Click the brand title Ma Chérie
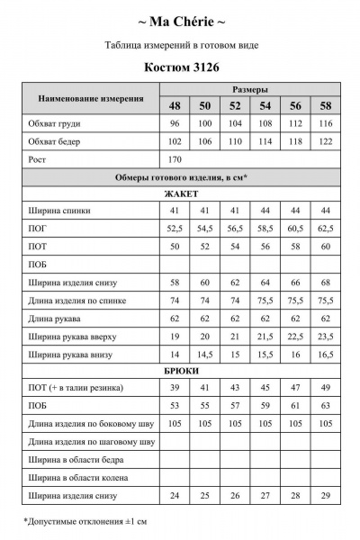click(x=181, y=21)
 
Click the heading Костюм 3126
click(x=181, y=67)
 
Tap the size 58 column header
click(x=325, y=106)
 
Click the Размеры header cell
click(x=249, y=90)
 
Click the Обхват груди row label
click(x=54, y=123)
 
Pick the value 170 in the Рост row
click(x=175, y=158)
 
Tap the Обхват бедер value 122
click(x=325, y=141)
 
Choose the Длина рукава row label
click(x=58, y=318)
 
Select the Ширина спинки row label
click(x=59, y=211)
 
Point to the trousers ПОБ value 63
click(x=325, y=405)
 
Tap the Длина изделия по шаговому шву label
click(x=91, y=440)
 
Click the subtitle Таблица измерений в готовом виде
click(x=181, y=43)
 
